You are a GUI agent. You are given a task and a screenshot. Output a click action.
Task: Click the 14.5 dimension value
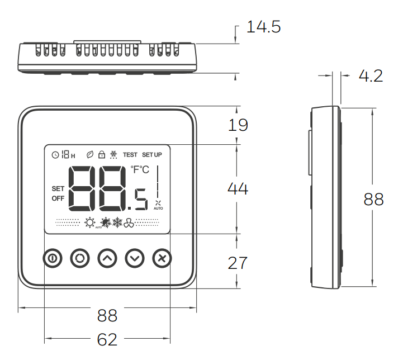coord(263,27)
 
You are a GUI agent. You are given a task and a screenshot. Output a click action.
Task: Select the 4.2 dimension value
coord(371,76)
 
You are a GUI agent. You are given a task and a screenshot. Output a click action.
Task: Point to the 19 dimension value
coord(238,125)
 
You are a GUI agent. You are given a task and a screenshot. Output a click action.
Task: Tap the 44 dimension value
coord(238,189)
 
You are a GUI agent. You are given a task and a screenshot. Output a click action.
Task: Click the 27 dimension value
coord(238,263)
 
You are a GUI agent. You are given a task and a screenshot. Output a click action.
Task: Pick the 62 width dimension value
coord(107,339)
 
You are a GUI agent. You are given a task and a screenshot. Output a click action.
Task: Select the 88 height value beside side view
coord(373,199)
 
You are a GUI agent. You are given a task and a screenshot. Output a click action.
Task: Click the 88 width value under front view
coord(107,315)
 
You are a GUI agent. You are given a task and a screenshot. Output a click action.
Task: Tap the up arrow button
coord(107,258)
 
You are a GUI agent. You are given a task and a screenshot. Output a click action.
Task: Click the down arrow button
coord(135,258)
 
